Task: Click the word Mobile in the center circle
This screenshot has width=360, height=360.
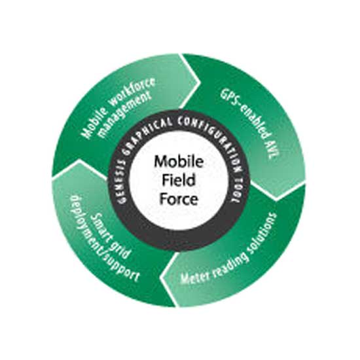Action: (x=179, y=162)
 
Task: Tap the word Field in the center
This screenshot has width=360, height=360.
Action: (x=179, y=180)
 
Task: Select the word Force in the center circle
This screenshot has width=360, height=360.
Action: (x=179, y=199)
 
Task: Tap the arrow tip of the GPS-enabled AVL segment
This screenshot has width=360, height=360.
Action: (x=276, y=199)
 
